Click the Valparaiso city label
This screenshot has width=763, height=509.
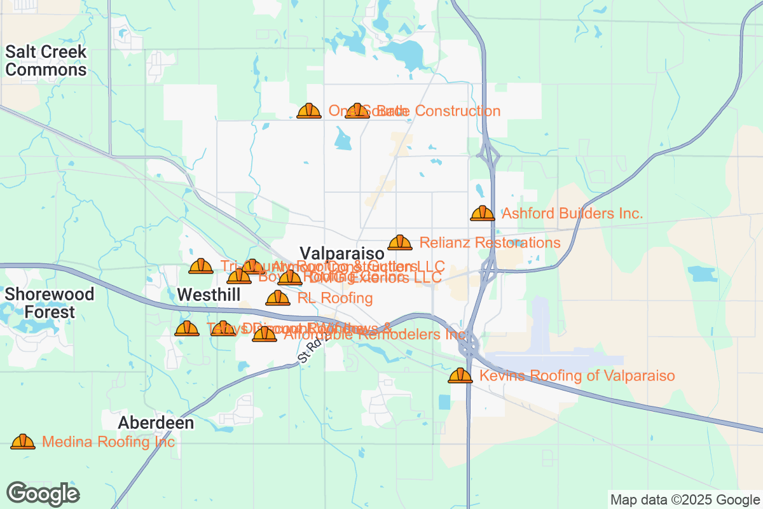point(342,253)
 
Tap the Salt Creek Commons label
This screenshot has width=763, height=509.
point(46,60)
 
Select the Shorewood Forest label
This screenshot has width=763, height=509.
point(50,303)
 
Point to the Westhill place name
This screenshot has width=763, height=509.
point(209,295)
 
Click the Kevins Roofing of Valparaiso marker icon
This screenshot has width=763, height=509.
point(460,375)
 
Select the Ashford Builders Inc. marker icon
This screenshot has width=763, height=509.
point(483,213)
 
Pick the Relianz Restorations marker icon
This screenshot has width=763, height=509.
point(400,242)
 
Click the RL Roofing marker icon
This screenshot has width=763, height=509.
point(278,298)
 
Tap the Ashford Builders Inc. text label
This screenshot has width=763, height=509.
point(572,214)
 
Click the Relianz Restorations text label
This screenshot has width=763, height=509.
point(490,243)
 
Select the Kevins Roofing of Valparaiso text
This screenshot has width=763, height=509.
point(577,376)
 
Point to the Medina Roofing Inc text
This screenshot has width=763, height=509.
point(108,442)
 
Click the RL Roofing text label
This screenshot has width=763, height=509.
point(334,298)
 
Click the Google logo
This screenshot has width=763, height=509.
point(43,494)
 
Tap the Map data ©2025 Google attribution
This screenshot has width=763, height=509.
point(685,499)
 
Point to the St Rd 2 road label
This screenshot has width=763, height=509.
point(311,352)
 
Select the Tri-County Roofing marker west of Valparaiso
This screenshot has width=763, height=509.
point(201,266)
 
